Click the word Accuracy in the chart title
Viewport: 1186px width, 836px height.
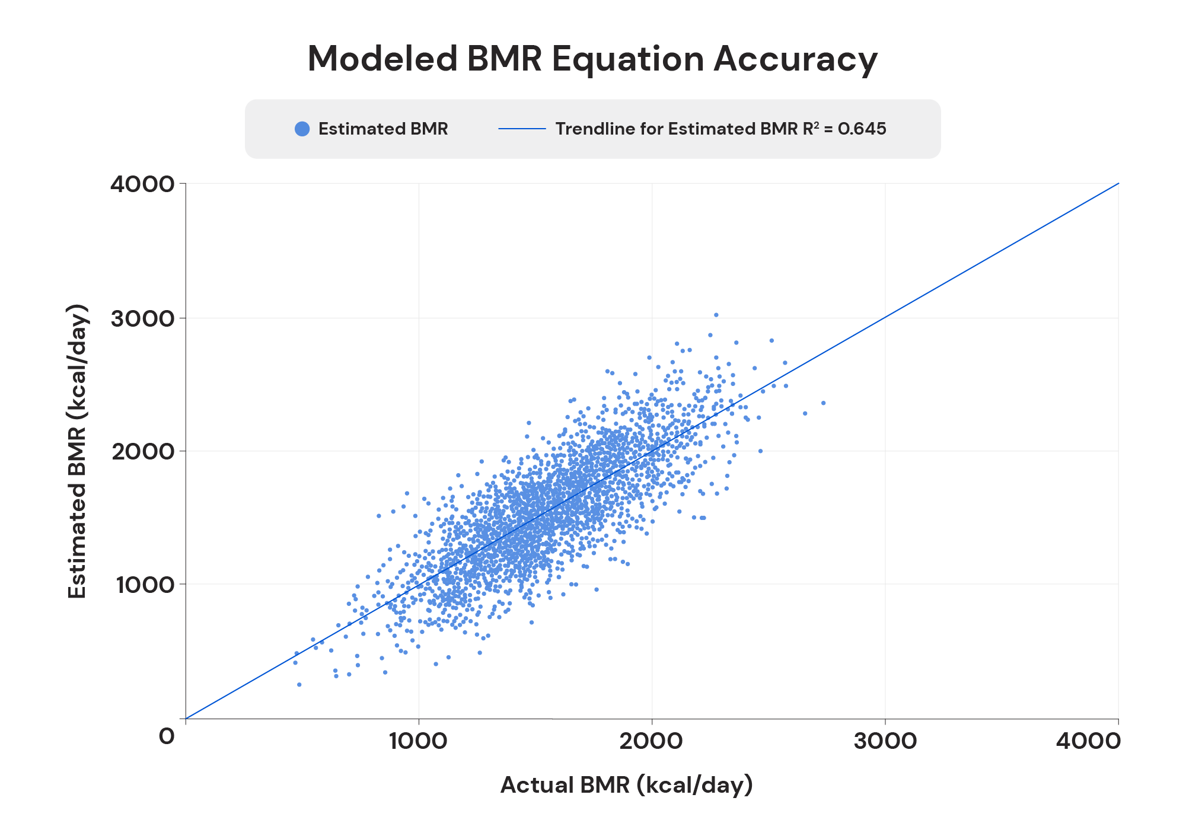795,59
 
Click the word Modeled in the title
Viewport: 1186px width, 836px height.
382,59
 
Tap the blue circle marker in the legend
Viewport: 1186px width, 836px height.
302,129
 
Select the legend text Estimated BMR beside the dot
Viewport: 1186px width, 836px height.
383,129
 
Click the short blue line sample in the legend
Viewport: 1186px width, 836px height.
522,129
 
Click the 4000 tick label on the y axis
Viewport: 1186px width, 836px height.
142,184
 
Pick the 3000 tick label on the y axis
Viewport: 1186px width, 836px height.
142,318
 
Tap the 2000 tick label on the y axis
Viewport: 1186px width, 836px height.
142,451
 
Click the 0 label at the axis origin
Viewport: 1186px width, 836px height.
167,737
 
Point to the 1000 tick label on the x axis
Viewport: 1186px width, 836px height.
419,741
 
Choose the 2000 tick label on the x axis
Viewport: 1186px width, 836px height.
651,741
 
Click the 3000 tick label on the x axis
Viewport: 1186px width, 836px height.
885,741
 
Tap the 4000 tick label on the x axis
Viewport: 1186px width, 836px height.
1088,741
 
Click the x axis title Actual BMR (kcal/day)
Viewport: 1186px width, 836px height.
627,785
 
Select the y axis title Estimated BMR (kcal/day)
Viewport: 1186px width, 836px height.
77,451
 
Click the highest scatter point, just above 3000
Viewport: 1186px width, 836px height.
716,315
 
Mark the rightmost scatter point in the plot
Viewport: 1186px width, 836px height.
823,403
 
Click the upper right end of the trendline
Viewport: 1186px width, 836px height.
1117,184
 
